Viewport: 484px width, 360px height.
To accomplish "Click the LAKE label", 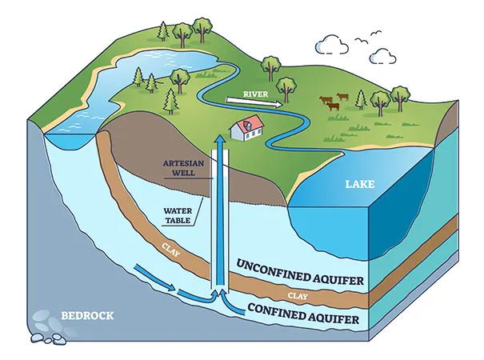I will click(359, 185).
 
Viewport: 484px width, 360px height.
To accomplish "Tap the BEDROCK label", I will click(87, 314).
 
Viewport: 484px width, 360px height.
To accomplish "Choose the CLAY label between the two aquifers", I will click(297, 295).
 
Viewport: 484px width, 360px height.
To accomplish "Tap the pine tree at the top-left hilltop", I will click(163, 30).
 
